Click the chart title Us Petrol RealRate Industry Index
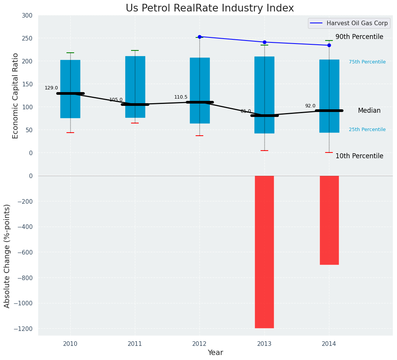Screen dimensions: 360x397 [x=210, y=8]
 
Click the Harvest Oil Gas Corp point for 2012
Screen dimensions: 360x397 [x=199, y=37]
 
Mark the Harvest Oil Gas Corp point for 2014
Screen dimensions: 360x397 [x=329, y=45]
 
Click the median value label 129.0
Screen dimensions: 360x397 [x=51, y=88]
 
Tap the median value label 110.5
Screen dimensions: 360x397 [x=181, y=97]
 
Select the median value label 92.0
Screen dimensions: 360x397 [x=310, y=106]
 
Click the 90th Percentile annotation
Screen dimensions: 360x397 [x=359, y=37]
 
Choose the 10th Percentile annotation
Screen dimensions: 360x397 [x=359, y=156]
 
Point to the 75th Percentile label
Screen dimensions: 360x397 [x=367, y=62]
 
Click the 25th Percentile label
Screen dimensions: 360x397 [x=367, y=130]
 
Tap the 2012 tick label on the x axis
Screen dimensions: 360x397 [x=199, y=344]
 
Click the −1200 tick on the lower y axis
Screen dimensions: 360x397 [x=23, y=329]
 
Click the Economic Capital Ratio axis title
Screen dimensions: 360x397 [x=16, y=96]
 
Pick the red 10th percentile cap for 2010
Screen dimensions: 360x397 [x=70, y=133]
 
